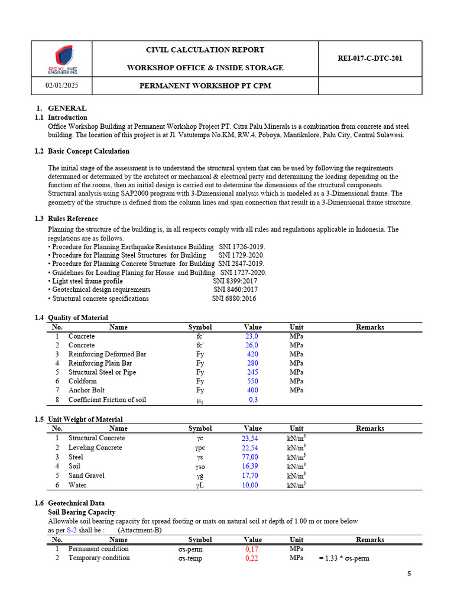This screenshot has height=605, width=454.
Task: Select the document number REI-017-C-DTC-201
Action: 370,58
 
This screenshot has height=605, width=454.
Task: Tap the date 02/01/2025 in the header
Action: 62,86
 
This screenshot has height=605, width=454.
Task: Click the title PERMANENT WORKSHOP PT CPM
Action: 205,86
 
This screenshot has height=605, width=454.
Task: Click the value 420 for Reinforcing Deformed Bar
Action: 252,354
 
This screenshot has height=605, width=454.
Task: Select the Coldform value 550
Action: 252,381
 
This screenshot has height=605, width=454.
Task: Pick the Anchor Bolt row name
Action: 86,391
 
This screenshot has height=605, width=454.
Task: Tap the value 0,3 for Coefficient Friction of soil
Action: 253,400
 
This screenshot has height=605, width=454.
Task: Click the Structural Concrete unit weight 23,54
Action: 250,438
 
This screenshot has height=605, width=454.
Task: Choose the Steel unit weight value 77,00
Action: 250,457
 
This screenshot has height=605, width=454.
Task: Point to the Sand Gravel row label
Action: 86,476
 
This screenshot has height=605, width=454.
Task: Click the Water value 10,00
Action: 250,485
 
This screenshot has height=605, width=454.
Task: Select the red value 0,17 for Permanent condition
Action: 251,549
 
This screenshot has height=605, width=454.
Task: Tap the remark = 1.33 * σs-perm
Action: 344,558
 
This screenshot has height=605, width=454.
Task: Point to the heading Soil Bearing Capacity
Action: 82,512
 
